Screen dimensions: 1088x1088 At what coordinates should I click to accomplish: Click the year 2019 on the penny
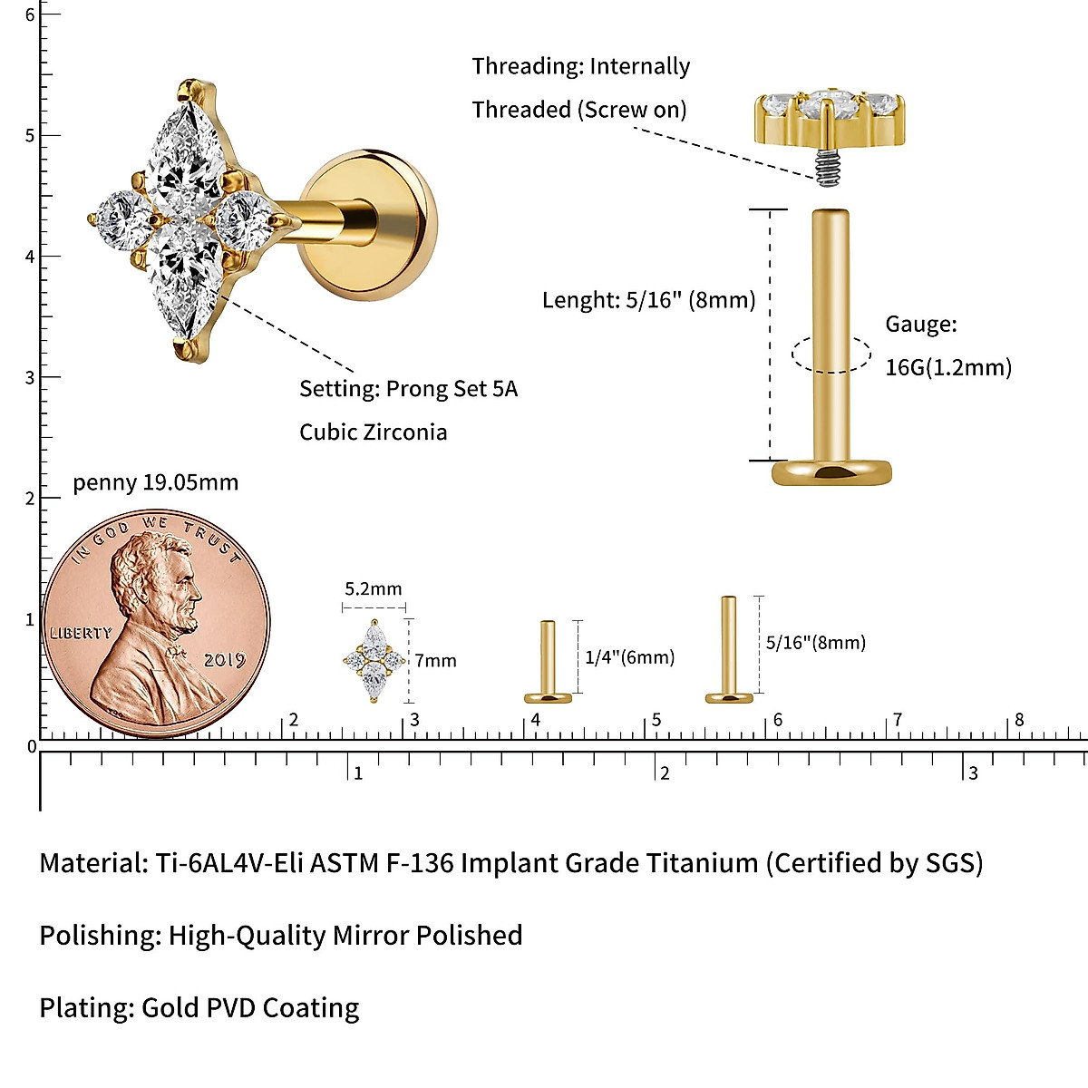[224, 659]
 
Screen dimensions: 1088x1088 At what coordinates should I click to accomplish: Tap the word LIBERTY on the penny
[81, 633]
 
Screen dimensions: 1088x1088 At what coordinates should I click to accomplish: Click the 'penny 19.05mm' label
[155, 482]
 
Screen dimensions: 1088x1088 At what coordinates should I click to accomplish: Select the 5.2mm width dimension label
[373, 589]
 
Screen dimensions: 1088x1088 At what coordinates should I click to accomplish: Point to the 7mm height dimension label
[436, 661]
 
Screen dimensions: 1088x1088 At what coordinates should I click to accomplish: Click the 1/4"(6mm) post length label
[629, 657]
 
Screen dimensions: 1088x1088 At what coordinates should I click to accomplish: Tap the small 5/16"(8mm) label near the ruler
[815, 643]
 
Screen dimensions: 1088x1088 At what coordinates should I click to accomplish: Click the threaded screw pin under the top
[825, 169]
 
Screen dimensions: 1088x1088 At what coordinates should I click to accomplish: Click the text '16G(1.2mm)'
[948, 367]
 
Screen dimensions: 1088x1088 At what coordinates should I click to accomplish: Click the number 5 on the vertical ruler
[30, 136]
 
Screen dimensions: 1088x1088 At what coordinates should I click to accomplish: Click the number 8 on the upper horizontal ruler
[1019, 720]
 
